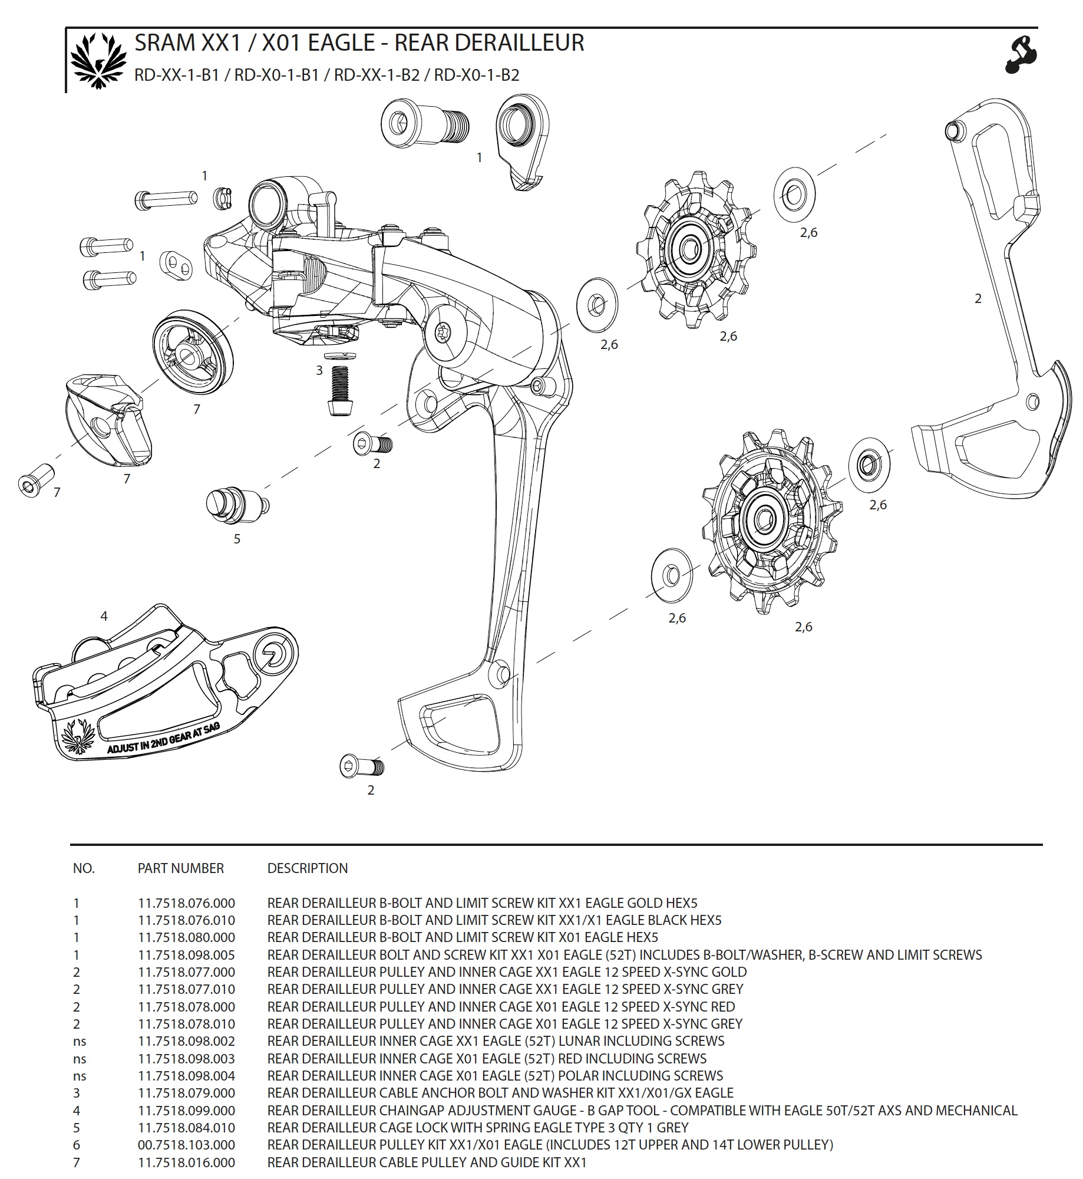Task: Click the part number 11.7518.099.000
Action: coord(186,1110)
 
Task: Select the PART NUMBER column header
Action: coord(180,868)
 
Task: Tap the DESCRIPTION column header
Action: coord(307,868)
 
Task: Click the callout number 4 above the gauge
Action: coord(104,616)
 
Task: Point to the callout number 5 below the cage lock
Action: coord(237,539)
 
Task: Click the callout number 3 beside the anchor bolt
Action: coord(319,370)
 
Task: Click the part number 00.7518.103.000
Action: coord(186,1144)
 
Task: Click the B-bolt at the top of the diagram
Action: coord(425,122)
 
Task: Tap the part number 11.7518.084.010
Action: coord(186,1127)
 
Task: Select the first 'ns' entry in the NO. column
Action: coord(80,1041)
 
